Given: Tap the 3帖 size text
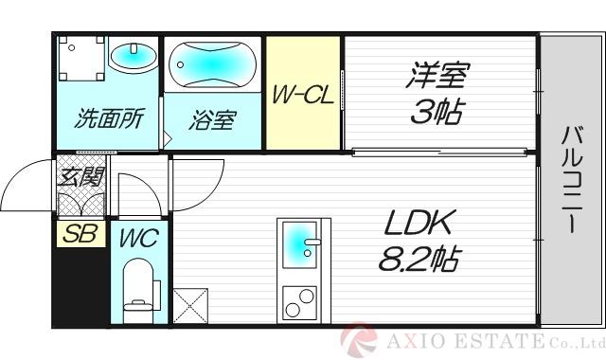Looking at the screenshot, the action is click(437, 114).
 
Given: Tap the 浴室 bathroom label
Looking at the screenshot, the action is click(213, 120).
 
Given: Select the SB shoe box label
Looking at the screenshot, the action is click(80, 234).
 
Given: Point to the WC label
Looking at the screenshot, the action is click(139, 237).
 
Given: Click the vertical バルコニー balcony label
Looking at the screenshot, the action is click(573, 179).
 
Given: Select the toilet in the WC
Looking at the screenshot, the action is click(139, 288).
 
